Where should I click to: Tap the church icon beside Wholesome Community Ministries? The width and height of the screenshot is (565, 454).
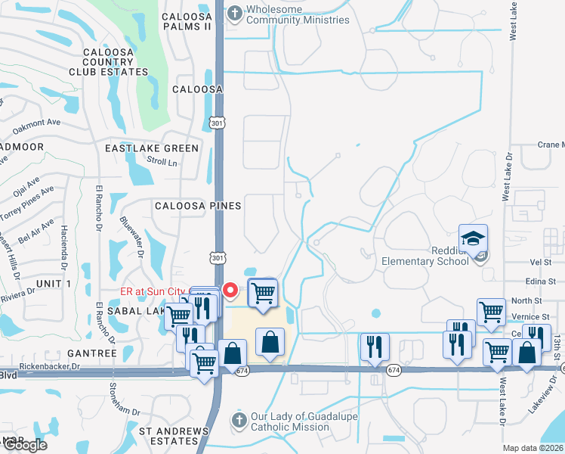(236, 12)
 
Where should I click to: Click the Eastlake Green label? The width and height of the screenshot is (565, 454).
(152, 148)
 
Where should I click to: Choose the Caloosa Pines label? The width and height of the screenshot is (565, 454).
(197, 206)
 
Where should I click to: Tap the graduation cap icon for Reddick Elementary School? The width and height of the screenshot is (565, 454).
(473, 240)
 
